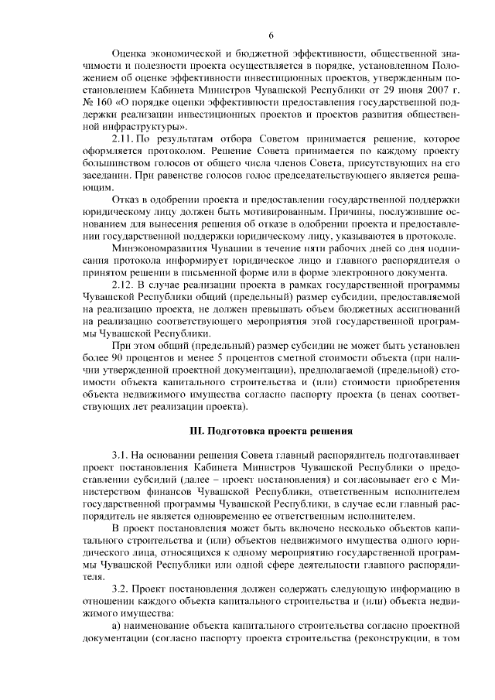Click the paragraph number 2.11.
125,138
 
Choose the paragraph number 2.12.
125,286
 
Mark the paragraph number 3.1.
121,455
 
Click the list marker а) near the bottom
117,627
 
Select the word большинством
116,162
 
